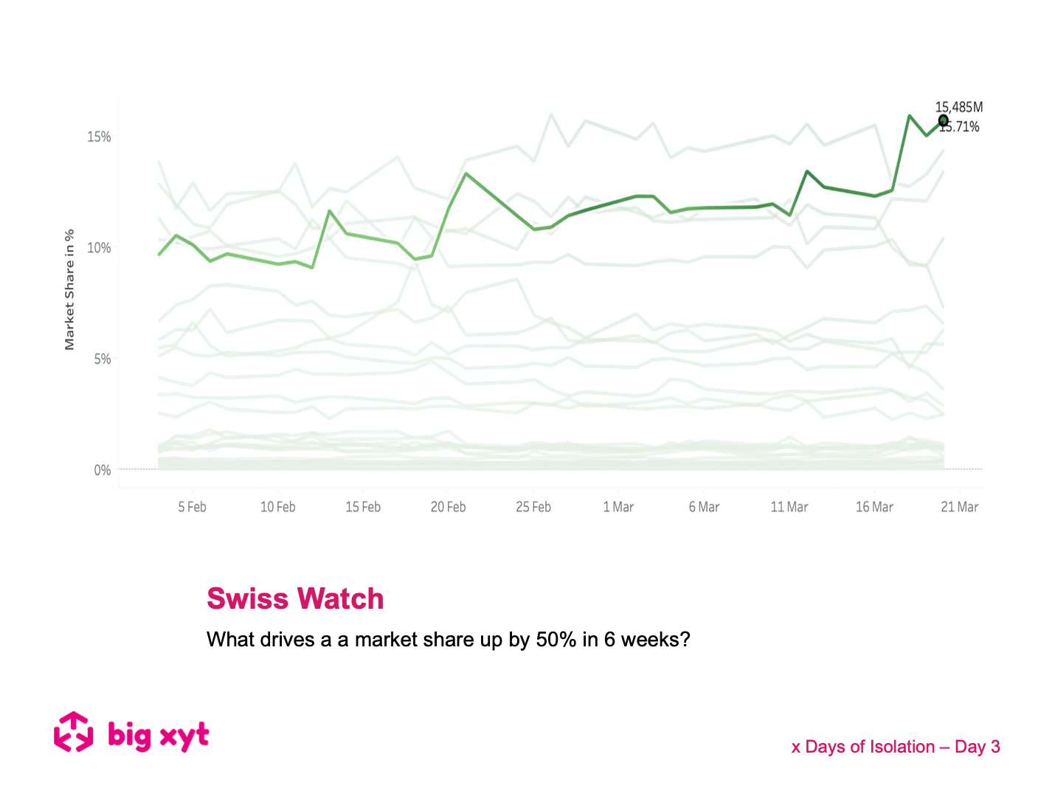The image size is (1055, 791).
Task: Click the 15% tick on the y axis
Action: tap(99, 137)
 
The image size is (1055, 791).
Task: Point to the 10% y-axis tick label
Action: tap(99, 248)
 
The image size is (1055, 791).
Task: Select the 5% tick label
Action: tap(102, 359)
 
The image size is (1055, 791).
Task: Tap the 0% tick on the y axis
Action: tap(102, 470)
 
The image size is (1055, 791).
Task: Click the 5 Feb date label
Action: tap(192, 507)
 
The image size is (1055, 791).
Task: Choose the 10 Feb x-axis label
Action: tap(277, 507)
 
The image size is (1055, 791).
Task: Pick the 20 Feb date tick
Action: tap(448, 507)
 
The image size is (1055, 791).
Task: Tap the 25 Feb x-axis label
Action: tap(533, 507)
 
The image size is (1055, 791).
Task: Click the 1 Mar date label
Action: tap(618, 507)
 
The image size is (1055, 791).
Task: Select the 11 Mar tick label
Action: tap(789, 507)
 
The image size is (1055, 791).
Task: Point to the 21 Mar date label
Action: tap(959, 507)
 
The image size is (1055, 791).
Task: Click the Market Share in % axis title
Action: tap(69, 289)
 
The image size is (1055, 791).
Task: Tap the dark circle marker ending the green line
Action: tap(943, 120)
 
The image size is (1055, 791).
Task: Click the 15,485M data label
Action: tap(958, 108)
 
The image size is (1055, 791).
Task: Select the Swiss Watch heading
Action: tap(295, 598)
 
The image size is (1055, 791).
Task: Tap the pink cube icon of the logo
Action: tap(74, 732)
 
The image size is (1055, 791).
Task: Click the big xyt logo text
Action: tap(159, 735)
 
